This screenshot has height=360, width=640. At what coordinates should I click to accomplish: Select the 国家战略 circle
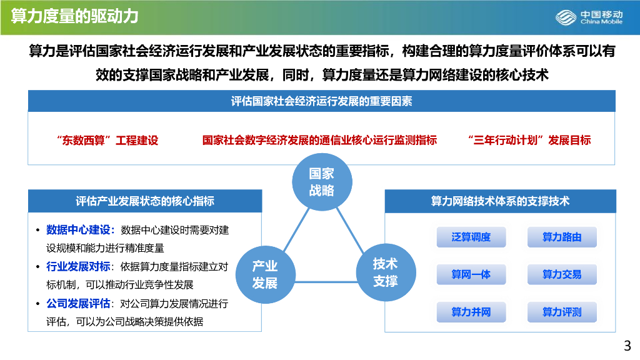322,182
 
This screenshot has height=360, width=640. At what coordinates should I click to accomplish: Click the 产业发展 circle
264,274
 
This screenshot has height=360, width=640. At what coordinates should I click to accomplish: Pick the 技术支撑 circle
386,272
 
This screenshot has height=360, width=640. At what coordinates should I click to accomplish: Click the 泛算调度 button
471,237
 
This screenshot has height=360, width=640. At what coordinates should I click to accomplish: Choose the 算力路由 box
562,237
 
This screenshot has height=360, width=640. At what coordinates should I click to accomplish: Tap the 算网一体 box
471,274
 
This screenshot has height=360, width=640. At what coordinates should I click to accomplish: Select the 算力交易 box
562,274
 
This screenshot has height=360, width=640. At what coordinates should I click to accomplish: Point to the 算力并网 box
471,312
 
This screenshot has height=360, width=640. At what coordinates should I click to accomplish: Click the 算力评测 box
562,312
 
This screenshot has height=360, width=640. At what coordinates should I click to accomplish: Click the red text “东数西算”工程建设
107,140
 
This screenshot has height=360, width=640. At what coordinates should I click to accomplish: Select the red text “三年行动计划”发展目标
529,140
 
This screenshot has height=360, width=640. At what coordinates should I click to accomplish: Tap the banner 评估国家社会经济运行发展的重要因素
321,101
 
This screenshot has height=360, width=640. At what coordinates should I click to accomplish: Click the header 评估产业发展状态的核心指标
144,201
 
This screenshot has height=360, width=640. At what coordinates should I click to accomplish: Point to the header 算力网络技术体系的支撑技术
500,201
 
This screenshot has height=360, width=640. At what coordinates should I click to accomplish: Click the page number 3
627,346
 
